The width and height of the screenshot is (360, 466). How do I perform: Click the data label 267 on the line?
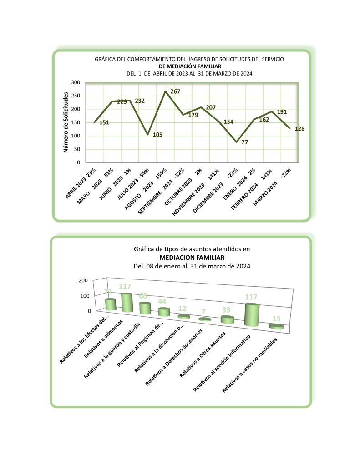pos(175,92)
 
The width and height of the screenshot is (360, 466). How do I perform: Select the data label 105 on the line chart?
pos(157,135)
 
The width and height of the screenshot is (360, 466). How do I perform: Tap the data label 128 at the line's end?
pos(299,129)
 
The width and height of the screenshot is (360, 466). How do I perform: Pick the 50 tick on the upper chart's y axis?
pos(77,149)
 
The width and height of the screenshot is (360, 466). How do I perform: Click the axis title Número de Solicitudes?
pos(66,122)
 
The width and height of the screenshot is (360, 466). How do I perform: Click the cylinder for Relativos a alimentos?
pos(127,303)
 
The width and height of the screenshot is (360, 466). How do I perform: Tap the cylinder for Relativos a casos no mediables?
pos(277,326)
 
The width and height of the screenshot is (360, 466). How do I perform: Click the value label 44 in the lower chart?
pos(162,301)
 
